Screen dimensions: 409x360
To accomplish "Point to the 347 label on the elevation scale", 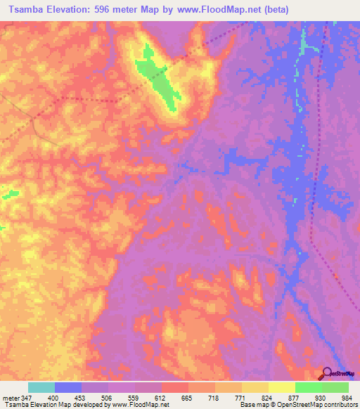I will tap(27, 398).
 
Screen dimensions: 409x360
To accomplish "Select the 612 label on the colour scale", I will tap(162, 398).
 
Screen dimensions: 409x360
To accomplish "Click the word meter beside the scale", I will tap(11, 398).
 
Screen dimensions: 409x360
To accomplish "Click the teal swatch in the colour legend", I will tap(41, 387).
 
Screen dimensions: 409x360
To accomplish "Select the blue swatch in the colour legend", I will tap(68, 387).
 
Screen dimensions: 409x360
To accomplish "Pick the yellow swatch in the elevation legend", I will tap(282, 387).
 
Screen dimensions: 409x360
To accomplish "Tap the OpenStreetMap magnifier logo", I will tap(328, 374).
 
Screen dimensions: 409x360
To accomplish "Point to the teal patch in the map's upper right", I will tap(304, 48).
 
